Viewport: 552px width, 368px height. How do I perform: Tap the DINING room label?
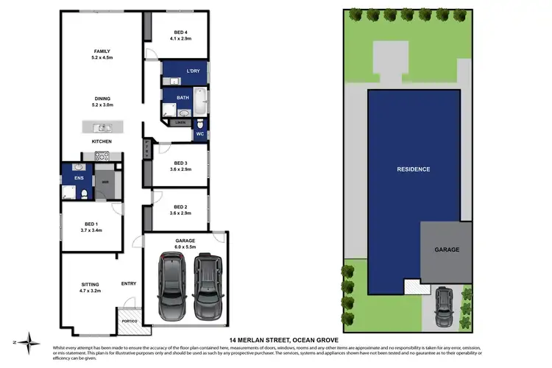[x=102, y=99]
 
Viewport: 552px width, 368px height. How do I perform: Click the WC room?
[x=200, y=134]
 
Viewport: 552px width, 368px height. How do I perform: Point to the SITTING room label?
[x=89, y=283]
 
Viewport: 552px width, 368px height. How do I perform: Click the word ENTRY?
[x=129, y=283]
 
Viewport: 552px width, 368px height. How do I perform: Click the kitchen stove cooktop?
[x=102, y=155]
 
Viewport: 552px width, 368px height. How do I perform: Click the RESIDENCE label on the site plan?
[x=414, y=169]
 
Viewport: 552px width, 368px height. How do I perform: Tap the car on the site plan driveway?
[x=445, y=306]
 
